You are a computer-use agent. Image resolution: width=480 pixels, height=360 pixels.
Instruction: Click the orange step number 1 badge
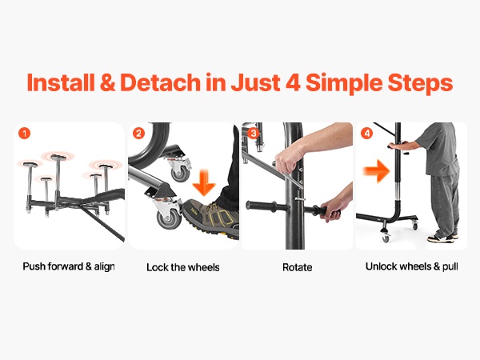pyautogui.click(x=25, y=134)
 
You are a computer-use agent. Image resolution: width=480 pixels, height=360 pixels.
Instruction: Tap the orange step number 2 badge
pyautogui.click(x=138, y=134)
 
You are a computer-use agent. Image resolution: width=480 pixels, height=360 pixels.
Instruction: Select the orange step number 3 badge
pyautogui.click(x=253, y=134)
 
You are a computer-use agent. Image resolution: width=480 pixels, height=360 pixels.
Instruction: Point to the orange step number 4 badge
pyautogui.click(x=367, y=134)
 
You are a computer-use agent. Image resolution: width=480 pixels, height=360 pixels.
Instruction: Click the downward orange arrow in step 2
pyautogui.click(x=204, y=183)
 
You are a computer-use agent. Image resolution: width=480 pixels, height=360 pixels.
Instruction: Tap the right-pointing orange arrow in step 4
pyautogui.click(x=377, y=171)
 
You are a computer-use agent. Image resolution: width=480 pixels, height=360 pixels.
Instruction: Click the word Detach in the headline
pyautogui.click(x=160, y=82)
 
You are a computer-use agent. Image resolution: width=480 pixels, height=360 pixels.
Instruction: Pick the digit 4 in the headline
pyautogui.click(x=293, y=82)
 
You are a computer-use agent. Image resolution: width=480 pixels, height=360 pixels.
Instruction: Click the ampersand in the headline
pyautogui.click(x=107, y=82)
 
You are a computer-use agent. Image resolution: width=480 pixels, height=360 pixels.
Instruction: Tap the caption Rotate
pyautogui.click(x=298, y=267)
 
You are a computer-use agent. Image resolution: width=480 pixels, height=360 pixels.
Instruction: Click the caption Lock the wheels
pyautogui.click(x=183, y=267)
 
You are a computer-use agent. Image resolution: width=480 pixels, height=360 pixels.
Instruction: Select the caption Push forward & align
pyautogui.click(x=69, y=266)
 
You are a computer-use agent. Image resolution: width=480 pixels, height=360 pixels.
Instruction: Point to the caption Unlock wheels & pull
pyautogui.click(x=412, y=266)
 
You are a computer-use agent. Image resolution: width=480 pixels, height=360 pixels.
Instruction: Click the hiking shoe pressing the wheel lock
pyautogui.click(x=210, y=217)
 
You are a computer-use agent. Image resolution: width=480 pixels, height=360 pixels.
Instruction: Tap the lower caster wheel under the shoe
pyautogui.click(x=169, y=218)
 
